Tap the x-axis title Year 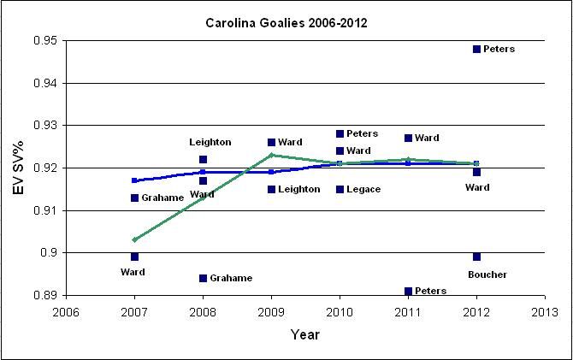pyautogui.click(x=304, y=334)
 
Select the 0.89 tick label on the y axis pyautogui.click(x=41, y=295)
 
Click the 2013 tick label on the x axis pyautogui.click(x=545, y=311)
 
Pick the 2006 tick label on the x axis pyautogui.click(x=65, y=311)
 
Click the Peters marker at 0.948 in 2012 pyautogui.click(x=476, y=49)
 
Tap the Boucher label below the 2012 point pyautogui.click(x=487, y=274)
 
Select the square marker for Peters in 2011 pyautogui.click(x=408, y=291)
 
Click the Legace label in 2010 pyautogui.click(x=363, y=189)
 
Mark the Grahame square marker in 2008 pyautogui.click(x=203, y=278)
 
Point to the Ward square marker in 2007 pyautogui.click(x=134, y=257)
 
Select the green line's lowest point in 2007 pyautogui.click(x=134, y=239)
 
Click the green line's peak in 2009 pyautogui.click(x=271, y=155)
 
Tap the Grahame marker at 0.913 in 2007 pyautogui.click(x=134, y=198)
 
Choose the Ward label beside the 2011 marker pyautogui.click(x=427, y=138)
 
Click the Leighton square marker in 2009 pyautogui.click(x=271, y=189)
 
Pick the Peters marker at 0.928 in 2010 pyautogui.click(x=340, y=133)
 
